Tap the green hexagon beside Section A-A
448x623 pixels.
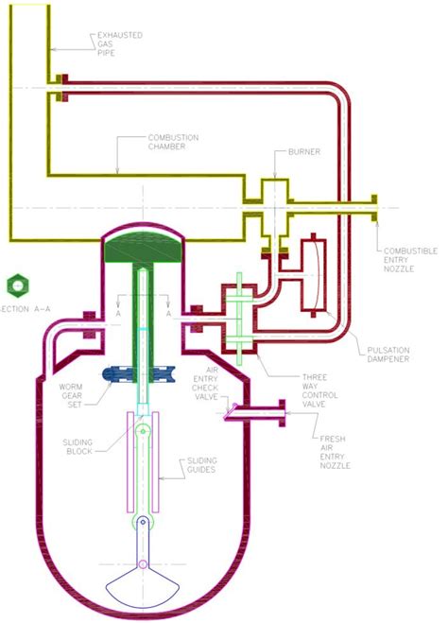pos(14,285)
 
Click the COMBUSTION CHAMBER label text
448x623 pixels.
pos(172,143)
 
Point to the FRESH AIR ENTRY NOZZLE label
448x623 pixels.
pos(337,452)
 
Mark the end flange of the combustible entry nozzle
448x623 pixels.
pos(376,207)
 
